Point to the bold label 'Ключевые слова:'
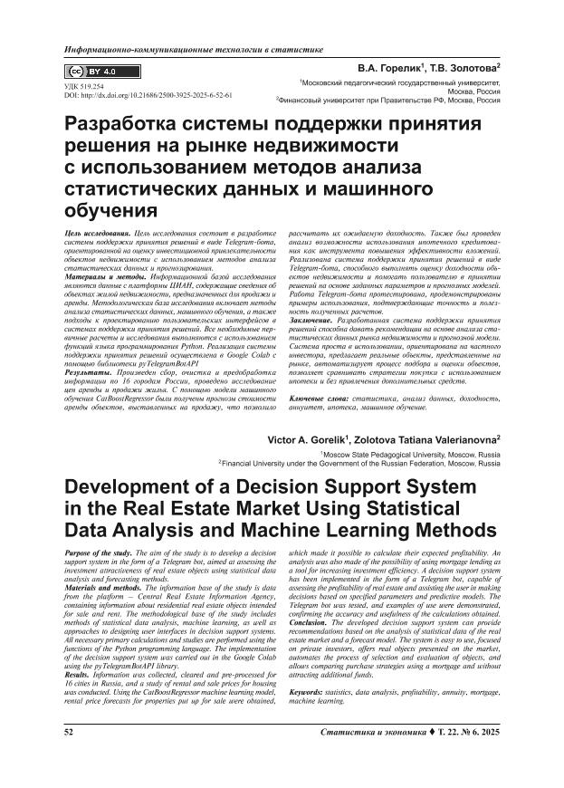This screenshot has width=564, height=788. pyautogui.click(x=320, y=398)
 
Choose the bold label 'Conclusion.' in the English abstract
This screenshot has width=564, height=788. pyautogui.click(x=313, y=623)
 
